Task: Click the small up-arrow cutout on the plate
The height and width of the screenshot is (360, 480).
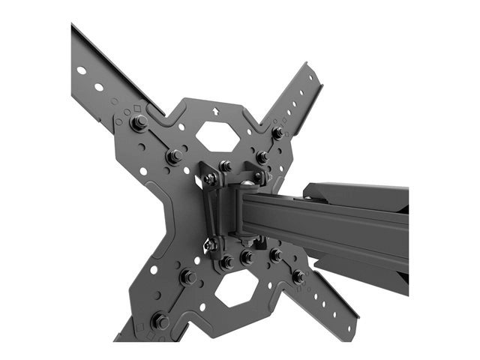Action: coord(217,110)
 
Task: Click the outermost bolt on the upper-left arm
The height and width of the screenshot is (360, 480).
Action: coord(139,123)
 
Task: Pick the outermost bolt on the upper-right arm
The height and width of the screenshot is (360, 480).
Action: coord(277,133)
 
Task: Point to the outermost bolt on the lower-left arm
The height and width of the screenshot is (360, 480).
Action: coord(160,320)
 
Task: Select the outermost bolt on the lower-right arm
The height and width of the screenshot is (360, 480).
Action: coord(299,277)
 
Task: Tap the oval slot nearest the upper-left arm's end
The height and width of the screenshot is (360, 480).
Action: coord(81,70)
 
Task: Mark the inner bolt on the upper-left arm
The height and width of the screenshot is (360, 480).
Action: coord(172,157)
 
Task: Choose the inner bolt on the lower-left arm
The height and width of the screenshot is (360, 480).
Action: coord(187,277)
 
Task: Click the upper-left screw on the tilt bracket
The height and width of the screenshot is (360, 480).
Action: coord(211,178)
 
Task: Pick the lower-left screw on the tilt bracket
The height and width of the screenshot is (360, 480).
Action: coord(211,243)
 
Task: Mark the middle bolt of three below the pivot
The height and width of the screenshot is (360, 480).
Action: coord(245,256)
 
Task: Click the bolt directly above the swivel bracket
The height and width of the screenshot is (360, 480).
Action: coord(225,165)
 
